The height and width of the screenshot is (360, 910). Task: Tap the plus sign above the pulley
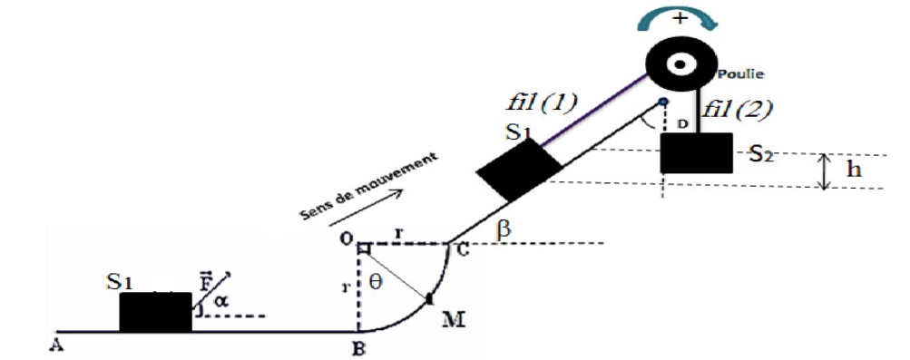tap(679, 18)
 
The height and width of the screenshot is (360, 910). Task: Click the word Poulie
tap(740, 74)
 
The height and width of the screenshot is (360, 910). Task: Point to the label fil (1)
tap(542, 103)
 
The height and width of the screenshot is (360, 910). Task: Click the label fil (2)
tap(737, 109)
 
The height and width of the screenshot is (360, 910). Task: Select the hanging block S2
tap(697, 153)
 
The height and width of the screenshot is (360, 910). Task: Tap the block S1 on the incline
tap(519, 170)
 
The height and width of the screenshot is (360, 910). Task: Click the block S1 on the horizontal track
tap(155, 312)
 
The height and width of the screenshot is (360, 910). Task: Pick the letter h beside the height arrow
tap(854, 169)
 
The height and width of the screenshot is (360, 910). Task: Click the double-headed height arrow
tap(825, 171)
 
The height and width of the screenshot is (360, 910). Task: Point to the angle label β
tap(504, 229)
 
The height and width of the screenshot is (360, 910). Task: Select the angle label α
tap(220, 300)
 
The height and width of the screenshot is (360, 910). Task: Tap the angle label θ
tap(375, 282)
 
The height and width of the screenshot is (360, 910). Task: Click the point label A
tap(56, 345)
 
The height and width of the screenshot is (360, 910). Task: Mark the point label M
tap(454, 318)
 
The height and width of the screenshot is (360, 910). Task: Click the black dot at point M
tap(429, 298)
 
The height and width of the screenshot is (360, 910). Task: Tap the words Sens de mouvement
tap(368, 187)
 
